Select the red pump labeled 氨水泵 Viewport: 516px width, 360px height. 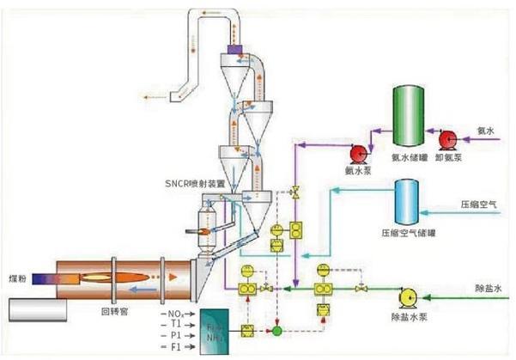coord(358,155)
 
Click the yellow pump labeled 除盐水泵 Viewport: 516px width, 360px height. coord(408,297)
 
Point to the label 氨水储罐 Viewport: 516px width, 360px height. coord(408,156)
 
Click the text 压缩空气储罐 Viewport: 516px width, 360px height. coord(403,233)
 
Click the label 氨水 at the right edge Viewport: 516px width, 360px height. coord(487,131)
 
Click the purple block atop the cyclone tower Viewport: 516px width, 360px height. coord(234,53)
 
